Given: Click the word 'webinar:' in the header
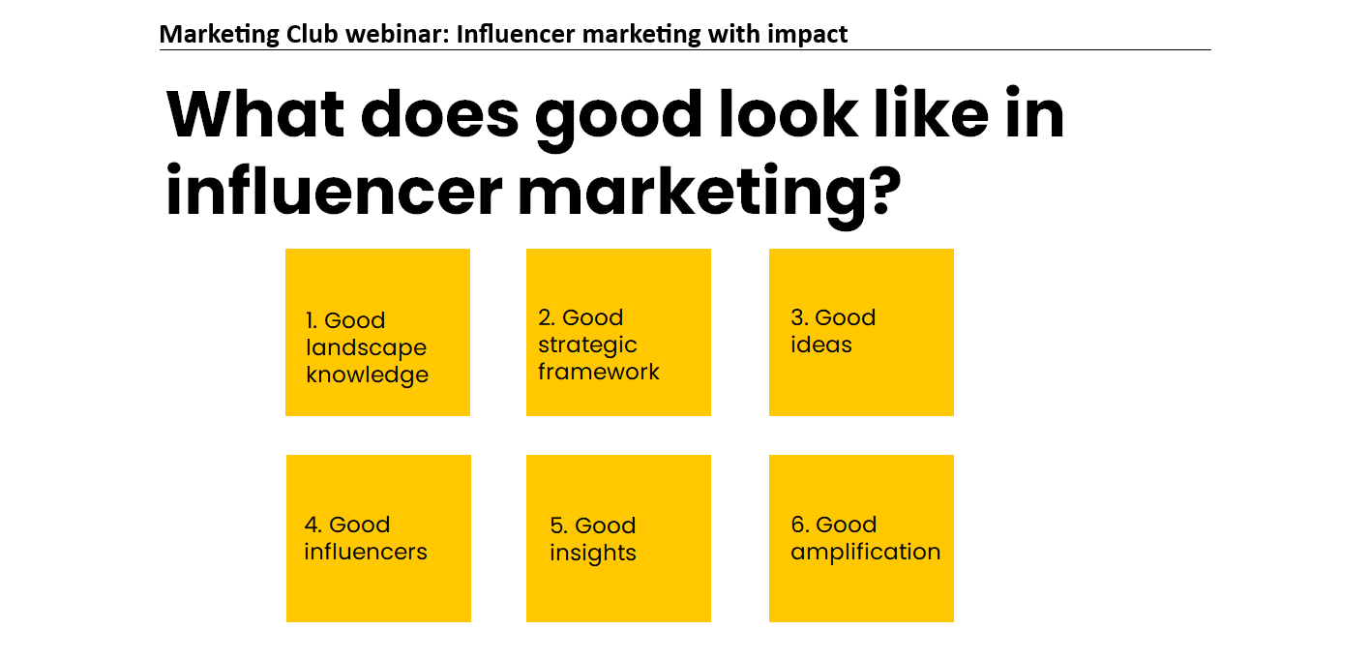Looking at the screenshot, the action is [x=398, y=34].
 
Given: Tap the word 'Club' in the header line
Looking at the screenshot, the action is [x=312, y=34].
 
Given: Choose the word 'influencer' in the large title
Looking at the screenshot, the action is [x=334, y=191].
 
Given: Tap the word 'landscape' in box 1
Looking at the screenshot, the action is [x=367, y=347].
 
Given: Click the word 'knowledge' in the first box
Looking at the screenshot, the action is [x=367, y=375].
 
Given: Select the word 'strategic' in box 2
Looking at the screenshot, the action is [x=587, y=345].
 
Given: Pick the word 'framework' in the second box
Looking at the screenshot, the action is [x=599, y=372].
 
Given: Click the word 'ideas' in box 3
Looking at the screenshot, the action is [x=820, y=345].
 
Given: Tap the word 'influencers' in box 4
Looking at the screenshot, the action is [x=366, y=551].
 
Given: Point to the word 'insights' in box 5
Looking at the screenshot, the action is [x=593, y=553].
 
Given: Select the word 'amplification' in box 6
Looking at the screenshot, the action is [x=865, y=552].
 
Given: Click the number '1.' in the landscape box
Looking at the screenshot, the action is [x=312, y=320].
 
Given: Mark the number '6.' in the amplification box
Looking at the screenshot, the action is [x=800, y=525].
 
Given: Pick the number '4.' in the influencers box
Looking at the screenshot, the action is [x=313, y=525].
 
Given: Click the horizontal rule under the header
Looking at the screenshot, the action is [x=685, y=49].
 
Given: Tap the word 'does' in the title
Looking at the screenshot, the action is [x=440, y=114].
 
